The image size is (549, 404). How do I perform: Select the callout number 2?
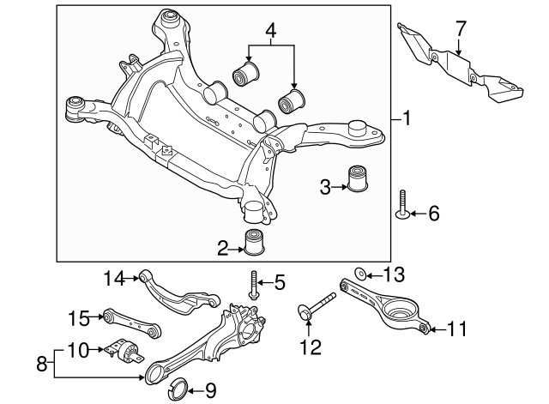(x=222, y=250)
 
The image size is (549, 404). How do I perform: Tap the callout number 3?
(x=325, y=185)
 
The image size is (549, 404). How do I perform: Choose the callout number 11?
(x=457, y=329)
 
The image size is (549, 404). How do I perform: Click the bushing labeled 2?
(x=253, y=243)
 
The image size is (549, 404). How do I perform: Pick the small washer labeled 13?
(x=362, y=274)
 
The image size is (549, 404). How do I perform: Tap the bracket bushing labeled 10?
(x=129, y=352)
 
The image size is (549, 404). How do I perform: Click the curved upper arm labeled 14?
(x=176, y=292)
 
